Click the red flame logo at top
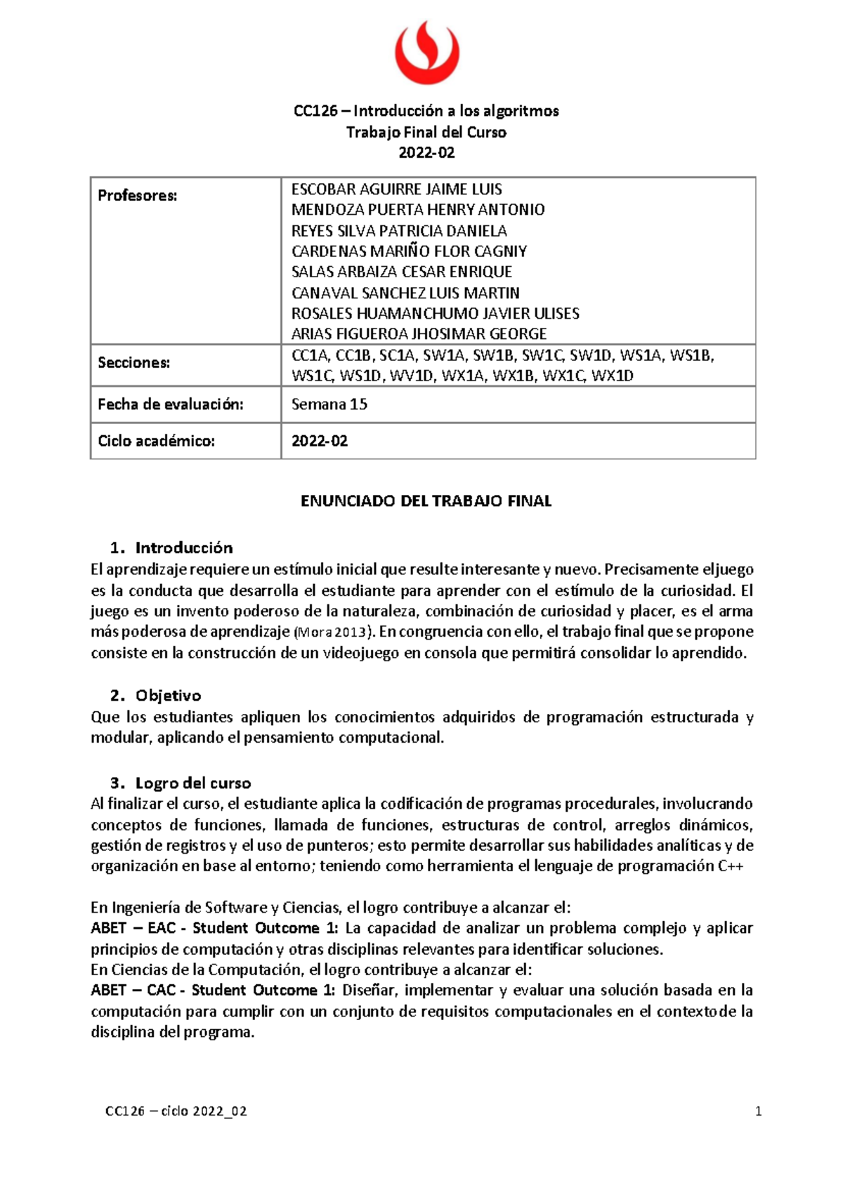tap(426, 53)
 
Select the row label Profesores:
tap(138, 196)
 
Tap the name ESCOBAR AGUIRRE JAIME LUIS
tap(396, 190)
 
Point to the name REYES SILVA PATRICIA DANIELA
tap(398, 231)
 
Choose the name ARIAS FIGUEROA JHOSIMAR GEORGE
tap(419, 334)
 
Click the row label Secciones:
tap(133, 363)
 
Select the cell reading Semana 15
tap(329, 405)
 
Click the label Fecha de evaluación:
tap(170, 405)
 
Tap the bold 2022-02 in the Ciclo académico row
tap(320, 442)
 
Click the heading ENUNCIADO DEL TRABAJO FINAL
tap(426, 501)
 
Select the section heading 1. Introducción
tap(171, 548)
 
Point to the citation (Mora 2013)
tap(329, 632)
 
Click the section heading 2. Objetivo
tap(156, 696)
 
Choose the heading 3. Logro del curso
tap(181, 783)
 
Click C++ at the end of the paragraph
tap(731, 866)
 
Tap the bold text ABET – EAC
tap(133, 929)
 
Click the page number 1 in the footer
tap(758, 1112)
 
